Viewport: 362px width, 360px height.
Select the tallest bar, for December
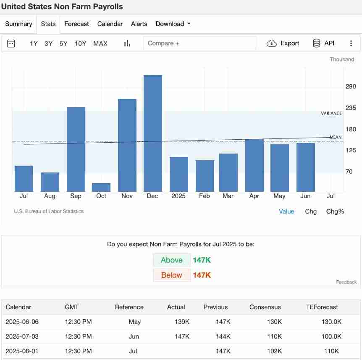[x=153, y=133]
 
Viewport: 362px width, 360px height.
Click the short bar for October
[x=101, y=187]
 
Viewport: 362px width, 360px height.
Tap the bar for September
[x=76, y=149]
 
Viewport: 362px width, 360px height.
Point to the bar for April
[x=254, y=165]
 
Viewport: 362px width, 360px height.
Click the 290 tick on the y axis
[x=351, y=86]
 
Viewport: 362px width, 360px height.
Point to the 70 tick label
[x=349, y=172]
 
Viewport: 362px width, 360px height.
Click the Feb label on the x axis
[x=205, y=196]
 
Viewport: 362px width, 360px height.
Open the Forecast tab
[x=76, y=24]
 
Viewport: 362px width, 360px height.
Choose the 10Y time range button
[x=80, y=44]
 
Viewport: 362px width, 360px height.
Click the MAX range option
[x=100, y=44]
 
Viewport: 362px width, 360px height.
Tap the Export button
[x=283, y=43]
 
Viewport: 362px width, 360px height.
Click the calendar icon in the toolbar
[x=11, y=43]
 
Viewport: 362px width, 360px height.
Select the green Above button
[x=171, y=260]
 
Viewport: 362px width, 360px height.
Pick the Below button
[x=171, y=275]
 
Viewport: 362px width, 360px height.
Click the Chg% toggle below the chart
[x=335, y=211]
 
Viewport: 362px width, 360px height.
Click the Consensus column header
[x=265, y=307]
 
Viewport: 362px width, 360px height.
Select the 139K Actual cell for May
[x=182, y=322]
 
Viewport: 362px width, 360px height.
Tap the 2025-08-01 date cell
[x=22, y=351]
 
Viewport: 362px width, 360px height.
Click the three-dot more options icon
[x=351, y=43]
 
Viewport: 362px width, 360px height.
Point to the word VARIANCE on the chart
[x=331, y=113]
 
